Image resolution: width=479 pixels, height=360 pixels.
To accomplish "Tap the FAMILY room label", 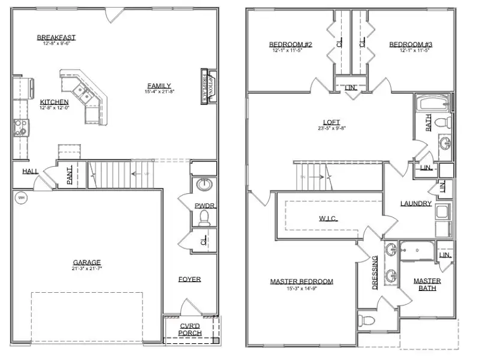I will click(158, 85).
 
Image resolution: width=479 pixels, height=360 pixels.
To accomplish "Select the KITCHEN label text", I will click(54, 101).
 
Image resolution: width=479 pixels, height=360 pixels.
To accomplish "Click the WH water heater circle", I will click(21, 197).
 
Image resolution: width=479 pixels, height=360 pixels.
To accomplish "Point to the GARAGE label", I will click(87, 262).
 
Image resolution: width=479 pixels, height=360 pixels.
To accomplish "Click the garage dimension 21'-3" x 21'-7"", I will click(87, 268).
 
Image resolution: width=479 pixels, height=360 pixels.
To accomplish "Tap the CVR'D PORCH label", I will click(190, 329).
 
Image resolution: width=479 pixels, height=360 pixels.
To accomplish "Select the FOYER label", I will click(189, 279).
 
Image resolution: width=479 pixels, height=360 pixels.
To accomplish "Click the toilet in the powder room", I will click(203, 217).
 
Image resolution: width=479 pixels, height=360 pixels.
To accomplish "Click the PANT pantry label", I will click(70, 175).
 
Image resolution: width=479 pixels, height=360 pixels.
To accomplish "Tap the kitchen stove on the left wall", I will click(20, 127).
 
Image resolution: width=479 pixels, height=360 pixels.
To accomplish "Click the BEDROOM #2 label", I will click(290, 44).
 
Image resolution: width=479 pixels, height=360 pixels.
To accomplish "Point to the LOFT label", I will click(331, 122).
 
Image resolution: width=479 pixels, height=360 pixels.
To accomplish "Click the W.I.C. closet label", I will click(329, 218).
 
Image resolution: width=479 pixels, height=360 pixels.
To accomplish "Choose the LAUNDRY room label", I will click(416, 203).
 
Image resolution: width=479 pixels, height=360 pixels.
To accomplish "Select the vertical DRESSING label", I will click(375, 272).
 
